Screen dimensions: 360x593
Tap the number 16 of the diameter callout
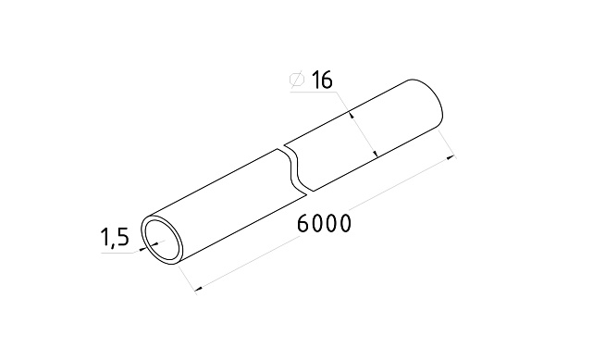click(x=321, y=81)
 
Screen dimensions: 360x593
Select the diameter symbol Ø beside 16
click(x=297, y=81)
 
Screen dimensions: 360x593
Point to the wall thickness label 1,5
click(x=114, y=240)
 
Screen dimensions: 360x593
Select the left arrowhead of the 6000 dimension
click(x=199, y=290)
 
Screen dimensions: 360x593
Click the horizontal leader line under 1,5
click(x=115, y=252)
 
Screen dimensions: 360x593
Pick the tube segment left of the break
click(x=222, y=204)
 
